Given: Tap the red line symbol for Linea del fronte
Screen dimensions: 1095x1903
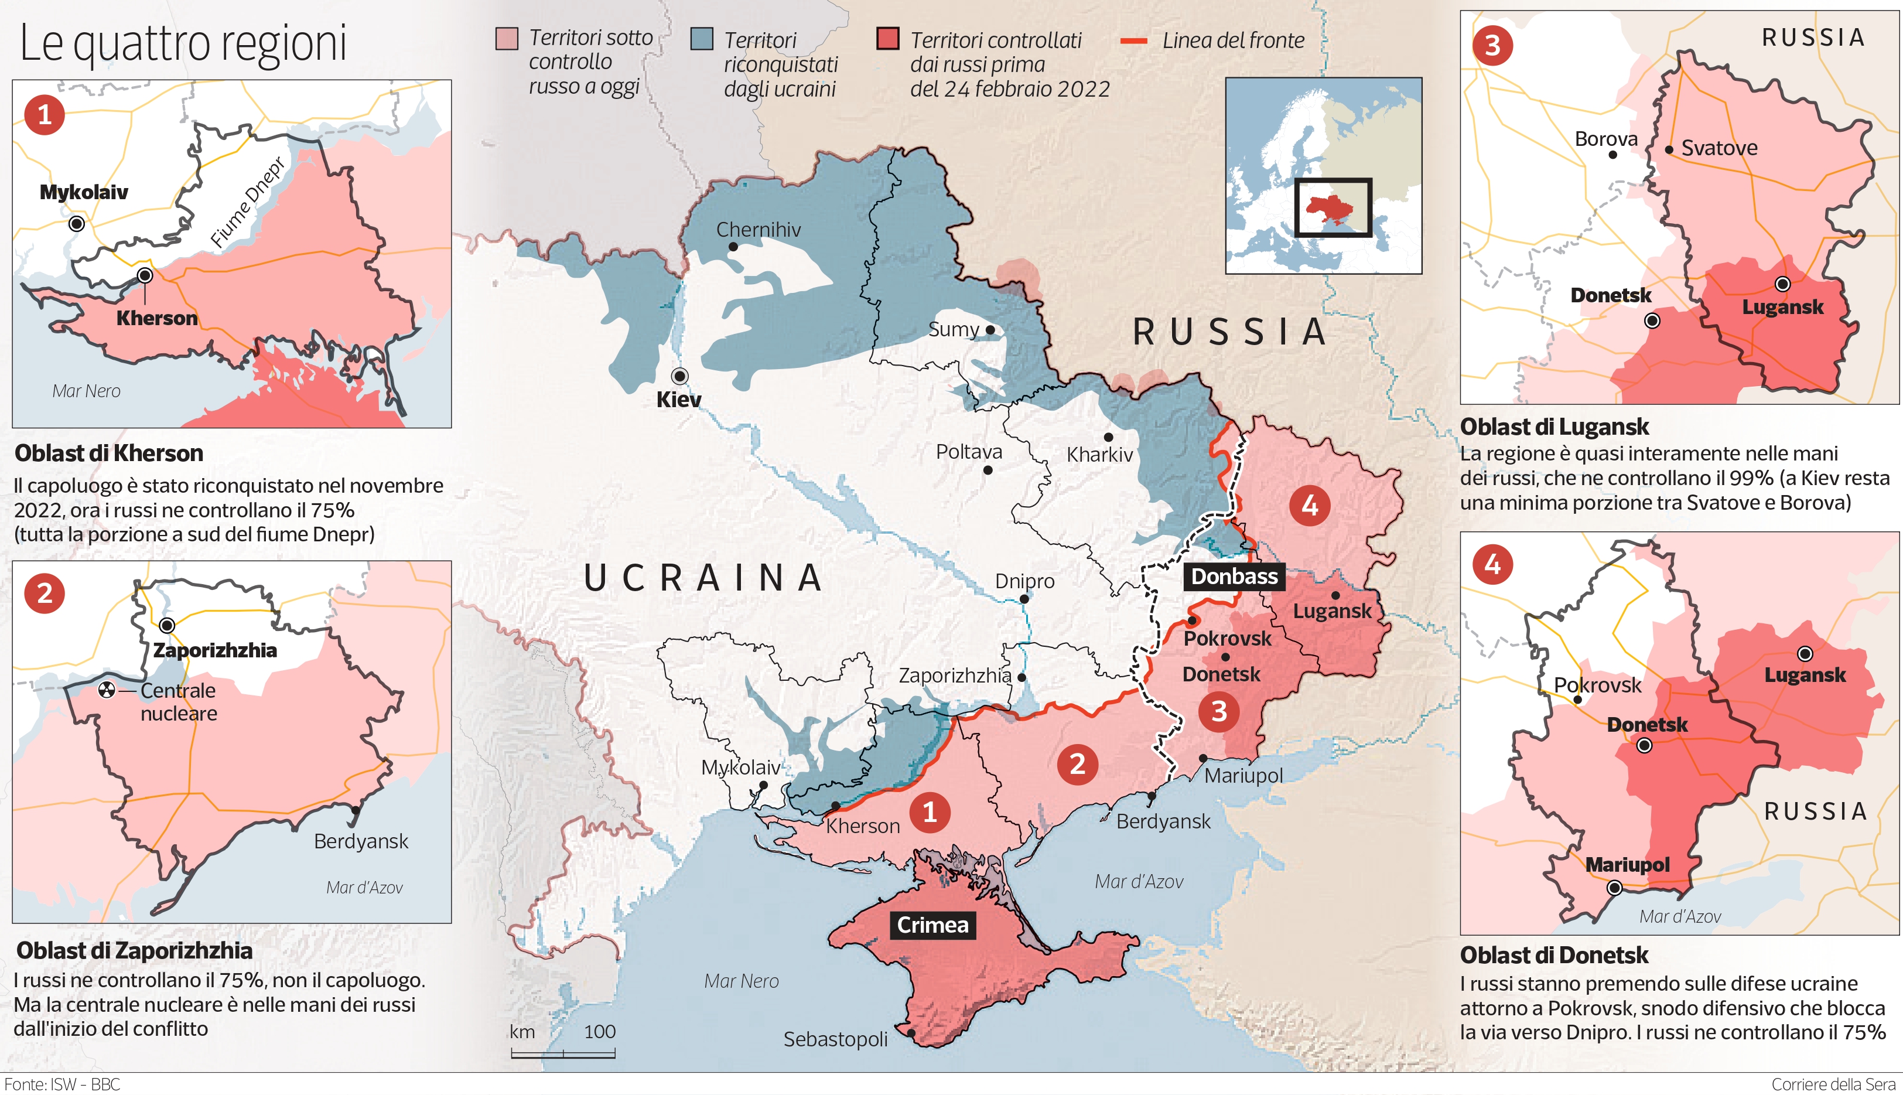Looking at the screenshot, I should (x=1133, y=40).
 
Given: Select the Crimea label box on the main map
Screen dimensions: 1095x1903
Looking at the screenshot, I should (x=932, y=925).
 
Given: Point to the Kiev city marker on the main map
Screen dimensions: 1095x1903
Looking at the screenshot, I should (x=679, y=376).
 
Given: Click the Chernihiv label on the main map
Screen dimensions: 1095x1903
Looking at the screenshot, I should (x=758, y=230).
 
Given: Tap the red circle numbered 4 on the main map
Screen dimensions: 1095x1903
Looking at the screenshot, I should (x=1309, y=506).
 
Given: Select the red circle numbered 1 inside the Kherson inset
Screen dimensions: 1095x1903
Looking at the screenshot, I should (x=45, y=114).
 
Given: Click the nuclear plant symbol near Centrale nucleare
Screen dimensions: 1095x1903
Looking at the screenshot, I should (x=107, y=690).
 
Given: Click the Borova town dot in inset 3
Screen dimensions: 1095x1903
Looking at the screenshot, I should (x=1612, y=155).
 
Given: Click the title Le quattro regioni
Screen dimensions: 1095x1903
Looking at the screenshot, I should (x=183, y=43).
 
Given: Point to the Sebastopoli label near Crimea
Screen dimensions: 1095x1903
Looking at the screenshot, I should (x=835, y=1039).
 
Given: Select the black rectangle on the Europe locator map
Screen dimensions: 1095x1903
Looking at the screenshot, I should (x=1333, y=207).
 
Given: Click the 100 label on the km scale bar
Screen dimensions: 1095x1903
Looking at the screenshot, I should (x=599, y=1032).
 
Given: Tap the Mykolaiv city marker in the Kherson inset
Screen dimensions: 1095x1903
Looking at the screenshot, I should (x=76, y=223).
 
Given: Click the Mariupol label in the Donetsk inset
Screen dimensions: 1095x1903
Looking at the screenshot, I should (x=1627, y=865).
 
